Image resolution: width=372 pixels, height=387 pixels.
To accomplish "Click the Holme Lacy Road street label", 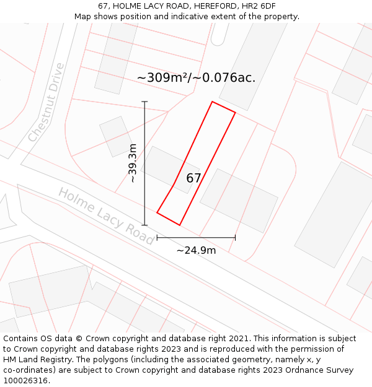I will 105,215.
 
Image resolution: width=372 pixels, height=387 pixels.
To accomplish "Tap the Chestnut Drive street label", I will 46,102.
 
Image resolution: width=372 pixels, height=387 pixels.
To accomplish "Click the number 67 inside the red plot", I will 193,178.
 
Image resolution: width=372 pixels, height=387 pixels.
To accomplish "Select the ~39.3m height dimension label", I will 132,163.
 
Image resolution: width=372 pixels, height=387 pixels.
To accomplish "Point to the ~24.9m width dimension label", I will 196,250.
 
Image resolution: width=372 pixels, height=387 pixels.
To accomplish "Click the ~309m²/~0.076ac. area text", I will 196,78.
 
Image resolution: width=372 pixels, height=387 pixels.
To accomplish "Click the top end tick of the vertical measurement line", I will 144,102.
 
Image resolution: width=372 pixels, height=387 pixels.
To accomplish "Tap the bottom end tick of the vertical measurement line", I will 144,225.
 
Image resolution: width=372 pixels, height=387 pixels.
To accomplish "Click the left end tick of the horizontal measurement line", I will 157,237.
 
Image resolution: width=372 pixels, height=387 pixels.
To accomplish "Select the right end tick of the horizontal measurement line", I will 235,237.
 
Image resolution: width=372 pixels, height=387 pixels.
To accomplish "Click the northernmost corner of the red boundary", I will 213,102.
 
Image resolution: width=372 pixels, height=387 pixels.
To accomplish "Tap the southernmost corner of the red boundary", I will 180,225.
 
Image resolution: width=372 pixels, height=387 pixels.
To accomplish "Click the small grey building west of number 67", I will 115,136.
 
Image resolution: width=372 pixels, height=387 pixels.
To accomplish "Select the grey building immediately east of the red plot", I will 239,200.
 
